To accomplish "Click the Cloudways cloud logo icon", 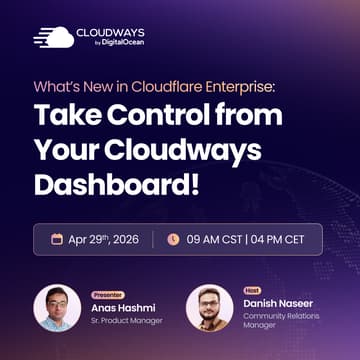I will point(53,37).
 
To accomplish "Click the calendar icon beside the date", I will point(57,240).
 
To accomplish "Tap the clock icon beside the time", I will point(173,240).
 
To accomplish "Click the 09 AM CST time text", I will point(213,240).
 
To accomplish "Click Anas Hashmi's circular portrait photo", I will point(57,307).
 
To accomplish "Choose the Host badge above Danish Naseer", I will point(253,289).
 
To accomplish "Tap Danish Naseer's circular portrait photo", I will point(210,308).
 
